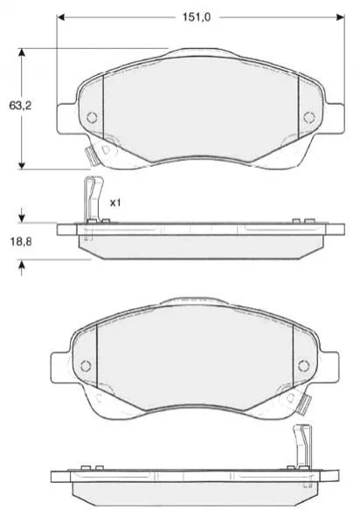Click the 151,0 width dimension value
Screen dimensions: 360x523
pyautogui.click(x=197, y=17)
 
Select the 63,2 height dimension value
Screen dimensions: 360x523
pyautogui.click(x=20, y=106)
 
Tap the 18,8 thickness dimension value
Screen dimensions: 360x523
pyautogui.click(x=21, y=241)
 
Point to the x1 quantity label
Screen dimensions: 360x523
pyautogui.click(x=115, y=203)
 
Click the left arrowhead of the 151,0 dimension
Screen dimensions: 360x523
pyautogui.click(x=61, y=17)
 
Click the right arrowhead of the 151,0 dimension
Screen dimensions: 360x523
pyautogui.click(x=340, y=17)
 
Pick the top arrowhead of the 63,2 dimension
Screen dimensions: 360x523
pyautogui.click(x=22, y=52)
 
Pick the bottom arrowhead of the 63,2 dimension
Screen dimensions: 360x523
pyautogui.click(x=22, y=165)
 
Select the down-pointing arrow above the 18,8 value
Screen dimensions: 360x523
pyautogui.click(x=22, y=215)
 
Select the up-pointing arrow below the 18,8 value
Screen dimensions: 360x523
pyautogui.click(x=22, y=267)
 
